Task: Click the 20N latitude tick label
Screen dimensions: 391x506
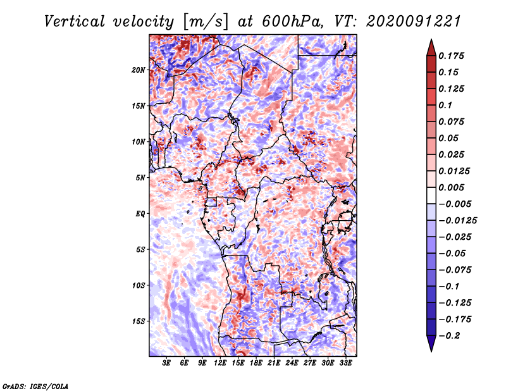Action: point(139,70)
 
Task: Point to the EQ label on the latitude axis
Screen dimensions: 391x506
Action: point(140,213)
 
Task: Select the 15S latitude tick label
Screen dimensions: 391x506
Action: point(139,321)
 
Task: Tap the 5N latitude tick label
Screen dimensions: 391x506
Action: point(140,177)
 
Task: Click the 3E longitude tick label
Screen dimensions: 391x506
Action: point(166,363)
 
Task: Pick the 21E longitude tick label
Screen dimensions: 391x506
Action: point(274,363)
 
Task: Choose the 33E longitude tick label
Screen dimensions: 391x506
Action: point(345,363)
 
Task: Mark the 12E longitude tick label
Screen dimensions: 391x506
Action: point(220,363)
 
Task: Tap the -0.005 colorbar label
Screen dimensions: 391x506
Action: point(454,204)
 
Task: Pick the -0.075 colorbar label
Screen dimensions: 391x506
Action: point(454,270)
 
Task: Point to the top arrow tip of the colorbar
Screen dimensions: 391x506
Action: point(431,41)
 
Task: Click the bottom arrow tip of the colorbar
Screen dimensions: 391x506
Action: point(431,350)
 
